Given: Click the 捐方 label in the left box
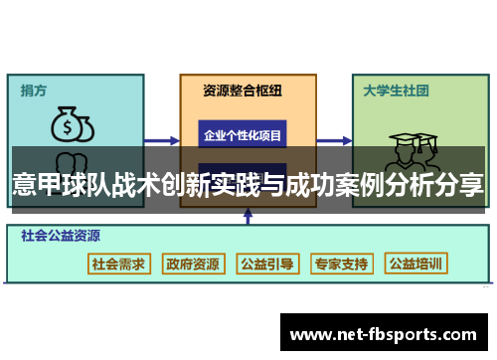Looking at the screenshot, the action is [34, 90].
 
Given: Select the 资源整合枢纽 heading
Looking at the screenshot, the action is [243, 90].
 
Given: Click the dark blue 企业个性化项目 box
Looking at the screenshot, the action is [243, 134].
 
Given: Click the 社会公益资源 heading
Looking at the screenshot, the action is [61, 237].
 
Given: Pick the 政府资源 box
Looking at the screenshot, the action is [193, 265].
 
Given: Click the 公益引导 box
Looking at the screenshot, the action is [266, 265].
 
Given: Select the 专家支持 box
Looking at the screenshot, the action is [341, 265].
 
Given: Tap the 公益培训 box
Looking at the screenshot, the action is [416, 265].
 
